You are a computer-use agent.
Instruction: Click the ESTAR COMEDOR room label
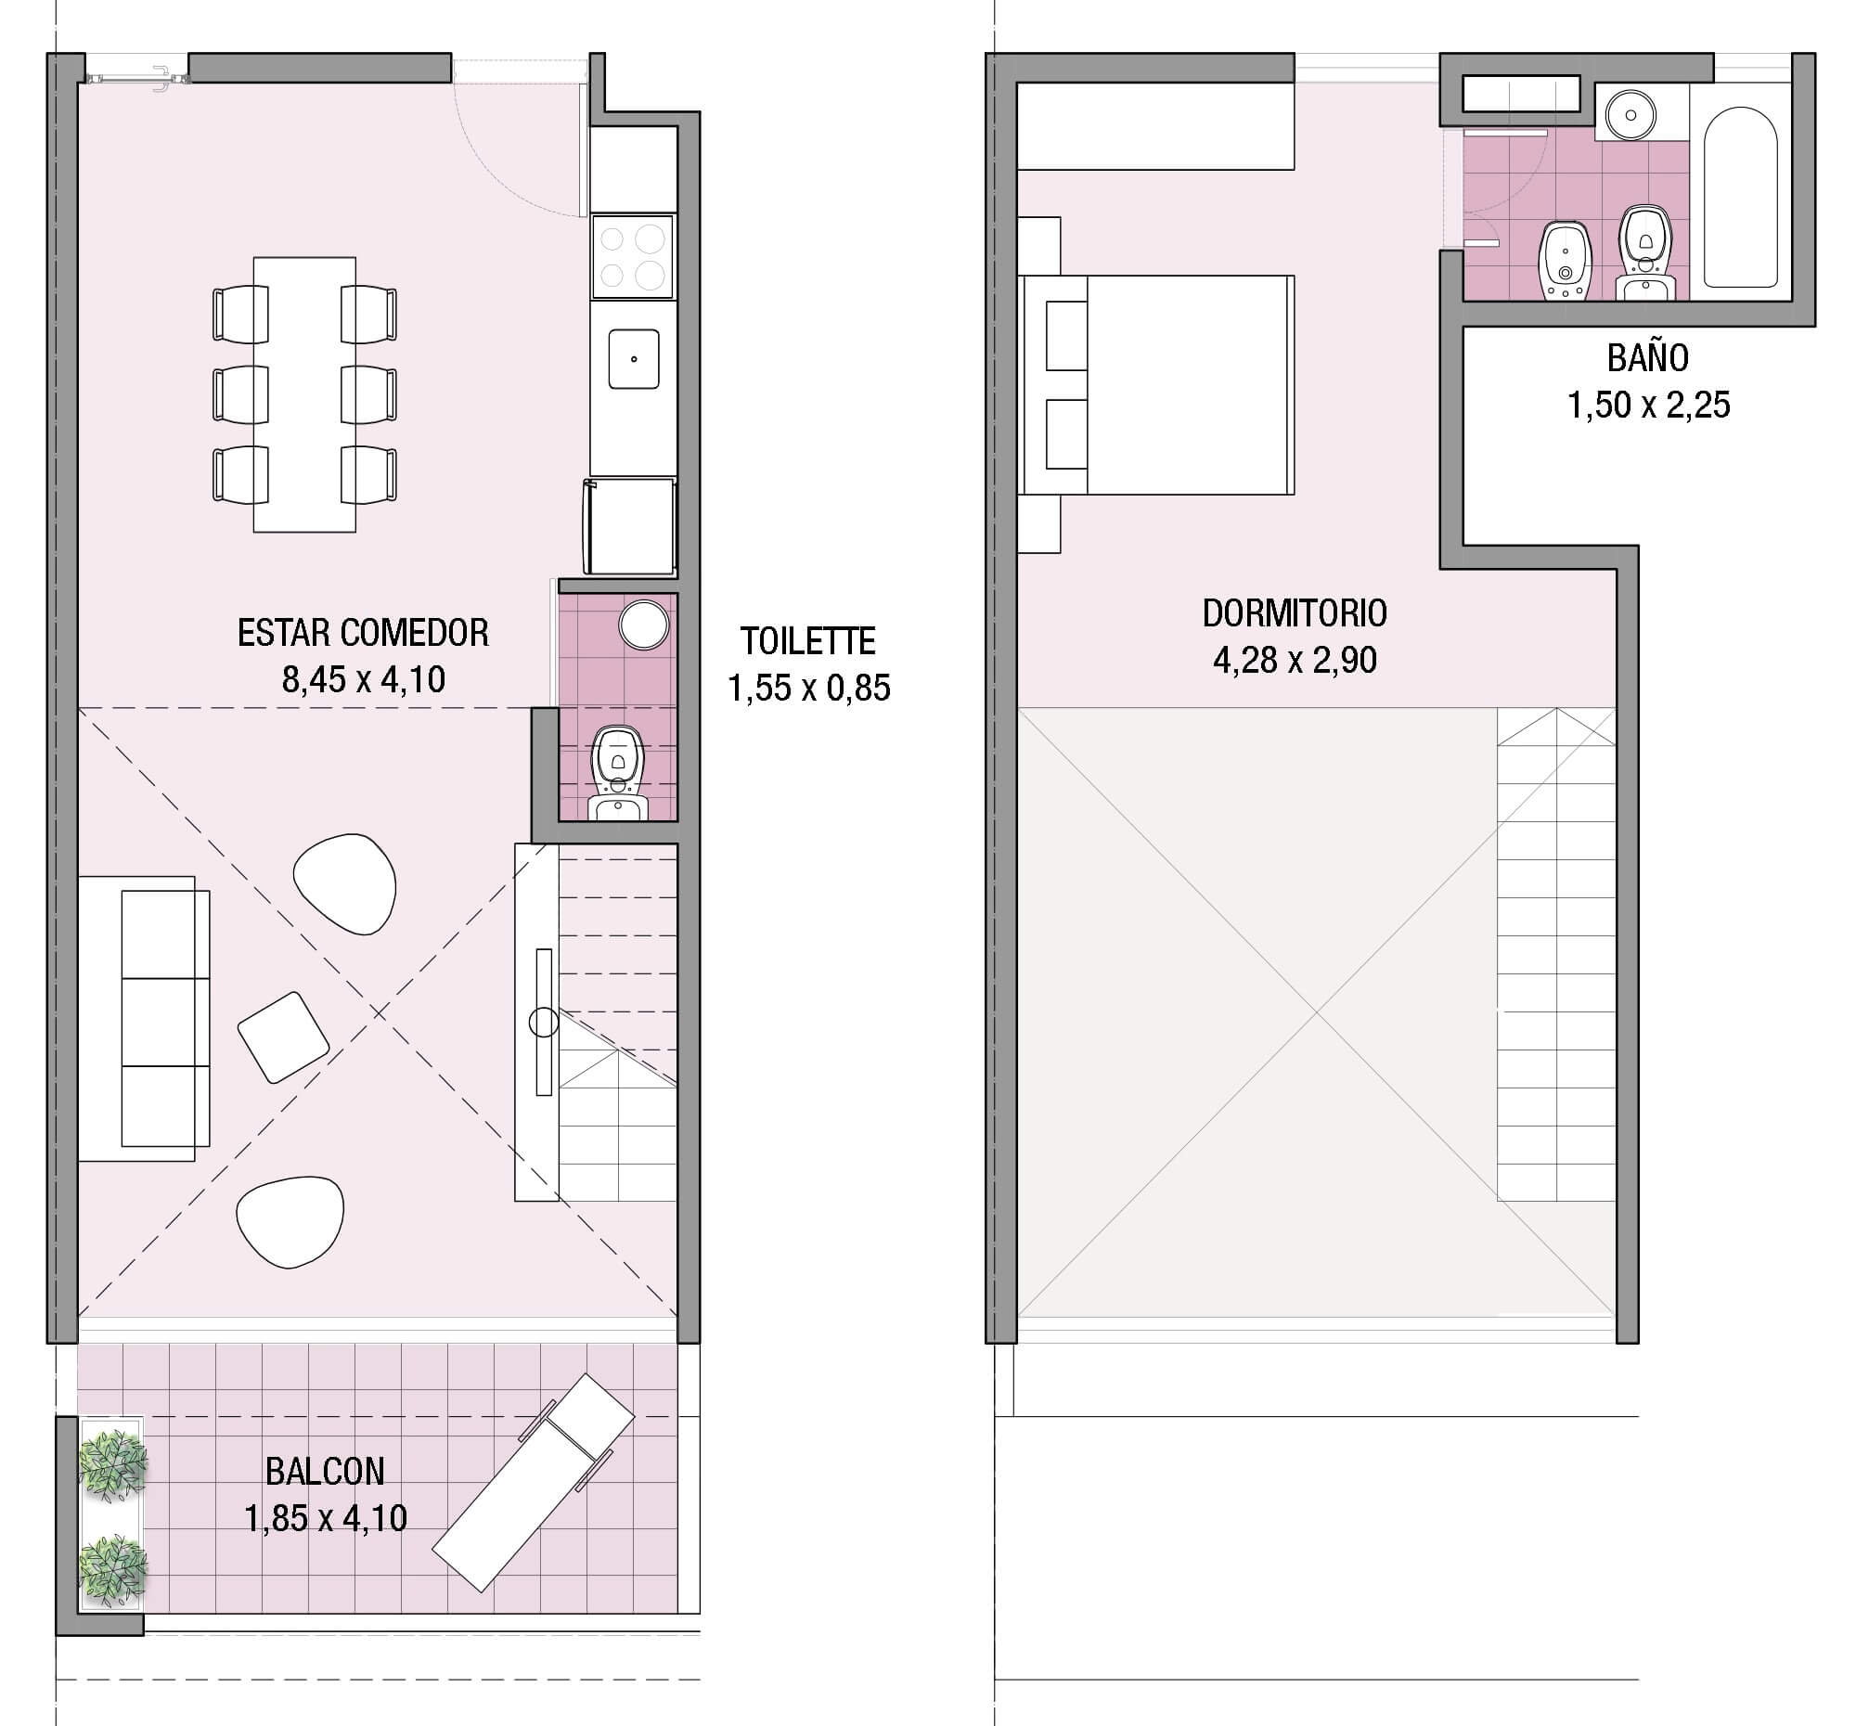tap(362, 633)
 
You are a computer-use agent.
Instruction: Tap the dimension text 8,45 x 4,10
tap(363, 679)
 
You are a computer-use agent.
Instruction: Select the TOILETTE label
tap(807, 641)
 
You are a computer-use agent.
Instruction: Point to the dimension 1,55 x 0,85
tap(808, 688)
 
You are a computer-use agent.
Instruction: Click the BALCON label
tap(325, 1472)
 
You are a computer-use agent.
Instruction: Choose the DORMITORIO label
tap(1294, 613)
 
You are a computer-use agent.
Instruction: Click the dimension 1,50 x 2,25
tap(1648, 406)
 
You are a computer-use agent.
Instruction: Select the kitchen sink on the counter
tap(634, 358)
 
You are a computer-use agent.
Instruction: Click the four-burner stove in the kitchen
tap(632, 257)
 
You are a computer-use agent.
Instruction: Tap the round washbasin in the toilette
tap(644, 625)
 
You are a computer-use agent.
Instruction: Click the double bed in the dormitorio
tap(1157, 384)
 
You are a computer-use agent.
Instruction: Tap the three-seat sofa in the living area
tap(145, 1019)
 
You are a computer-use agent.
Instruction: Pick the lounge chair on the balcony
tap(534, 1482)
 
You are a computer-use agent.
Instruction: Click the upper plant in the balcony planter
tap(112, 1462)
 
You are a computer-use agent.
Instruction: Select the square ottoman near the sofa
tap(283, 1037)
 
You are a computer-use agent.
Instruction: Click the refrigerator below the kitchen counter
tap(630, 525)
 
